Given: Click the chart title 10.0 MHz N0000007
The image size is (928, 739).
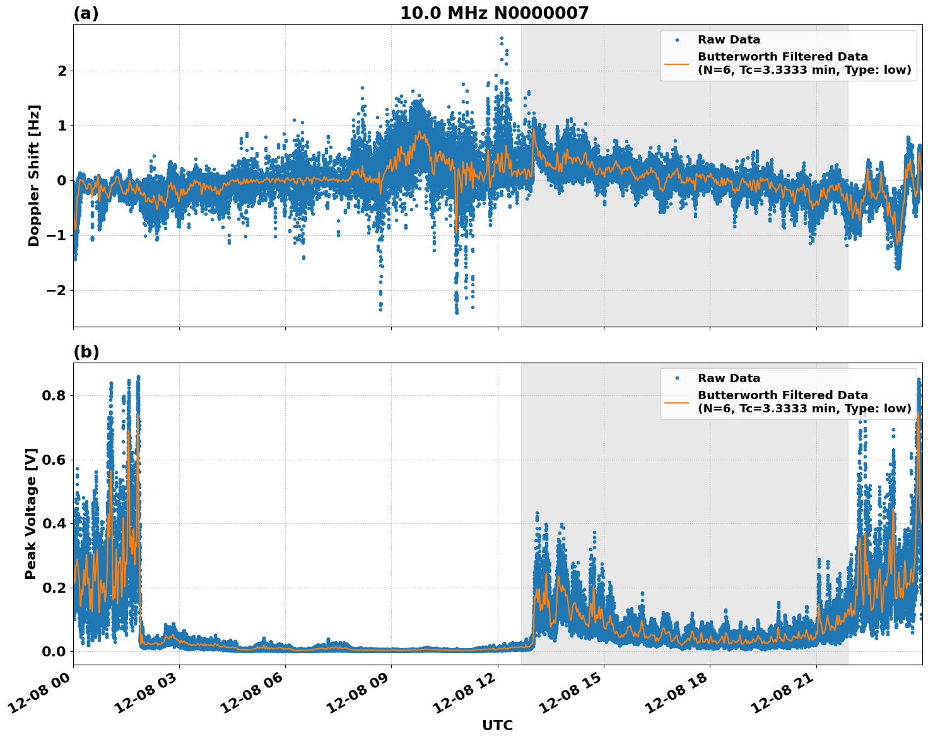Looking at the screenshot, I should [494, 13].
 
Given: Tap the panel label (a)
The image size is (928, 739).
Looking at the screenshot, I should [86, 13].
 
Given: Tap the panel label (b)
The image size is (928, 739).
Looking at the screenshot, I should [86, 352].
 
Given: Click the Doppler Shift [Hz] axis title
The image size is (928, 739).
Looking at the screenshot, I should [34, 175].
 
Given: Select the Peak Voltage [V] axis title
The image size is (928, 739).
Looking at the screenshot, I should [31, 513].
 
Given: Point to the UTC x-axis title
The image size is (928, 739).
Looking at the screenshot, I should [497, 725].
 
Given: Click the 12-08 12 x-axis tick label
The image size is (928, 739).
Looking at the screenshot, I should [466, 696].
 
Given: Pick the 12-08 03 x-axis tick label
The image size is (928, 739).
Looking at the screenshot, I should [148, 696].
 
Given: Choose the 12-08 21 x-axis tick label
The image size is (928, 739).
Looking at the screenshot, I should [785, 696].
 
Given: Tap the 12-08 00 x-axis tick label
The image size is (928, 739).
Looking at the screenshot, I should [42, 696].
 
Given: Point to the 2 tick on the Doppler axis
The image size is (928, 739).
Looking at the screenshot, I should [62, 71].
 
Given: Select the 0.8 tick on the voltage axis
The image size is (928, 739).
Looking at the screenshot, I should [54, 395].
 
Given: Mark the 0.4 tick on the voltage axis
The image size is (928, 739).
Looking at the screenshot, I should [54, 523].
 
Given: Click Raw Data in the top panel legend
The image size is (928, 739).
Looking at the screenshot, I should [729, 40].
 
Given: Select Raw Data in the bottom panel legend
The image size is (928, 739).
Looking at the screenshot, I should [729, 378].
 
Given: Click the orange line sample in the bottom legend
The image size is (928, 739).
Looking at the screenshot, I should [677, 402].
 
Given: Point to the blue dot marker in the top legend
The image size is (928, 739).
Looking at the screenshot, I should [677, 40].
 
